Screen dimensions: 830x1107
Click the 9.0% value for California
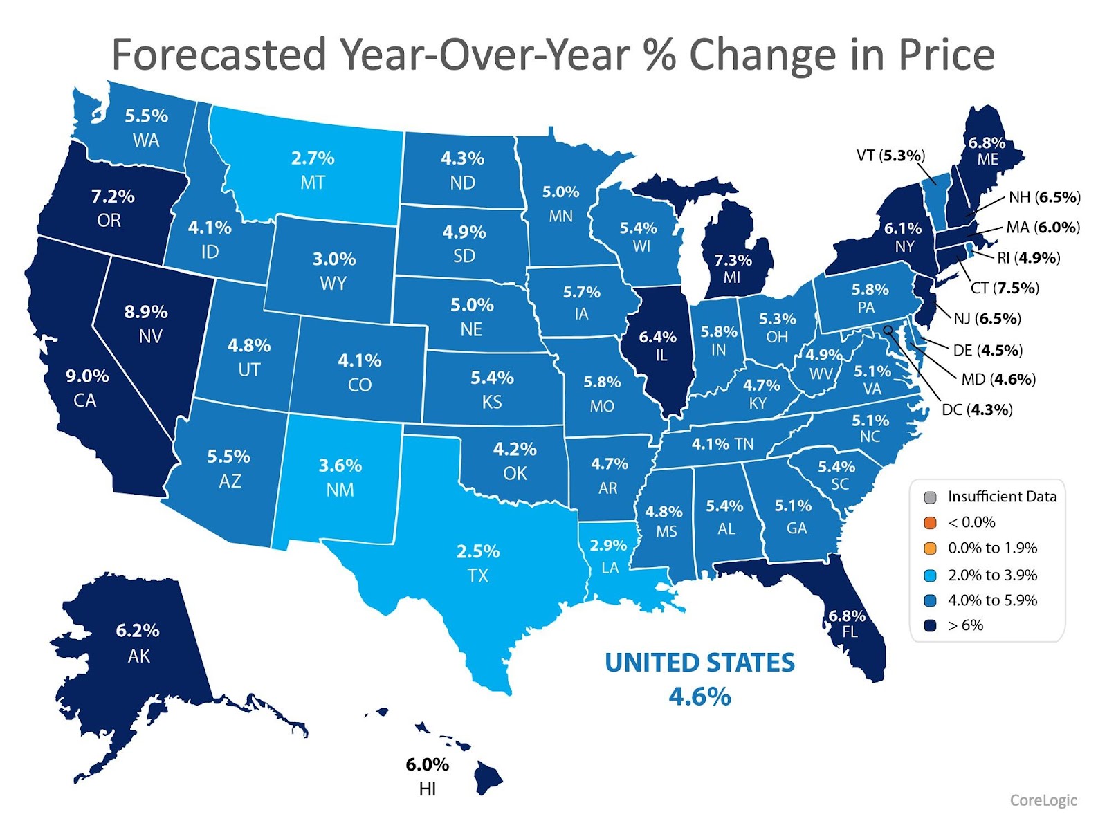click(x=87, y=376)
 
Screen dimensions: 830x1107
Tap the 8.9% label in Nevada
click(x=146, y=312)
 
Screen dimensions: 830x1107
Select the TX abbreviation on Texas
click(x=478, y=575)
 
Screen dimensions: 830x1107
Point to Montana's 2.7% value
click(x=313, y=158)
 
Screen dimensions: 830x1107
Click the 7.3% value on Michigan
click(x=733, y=260)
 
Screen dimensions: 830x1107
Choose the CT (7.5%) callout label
click(x=1005, y=288)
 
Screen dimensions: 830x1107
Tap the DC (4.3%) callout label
click(x=977, y=409)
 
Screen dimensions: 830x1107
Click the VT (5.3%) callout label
click(x=890, y=156)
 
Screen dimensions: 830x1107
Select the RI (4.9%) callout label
click(x=1028, y=258)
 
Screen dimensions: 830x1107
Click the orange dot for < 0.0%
click(x=930, y=522)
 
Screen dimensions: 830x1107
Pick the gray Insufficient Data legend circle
click(x=930, y=497)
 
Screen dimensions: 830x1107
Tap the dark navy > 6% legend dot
click(x=930, y=625)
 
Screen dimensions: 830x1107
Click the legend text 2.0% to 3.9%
click(x=992, y=575)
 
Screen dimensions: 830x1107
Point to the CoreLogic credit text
click(x=1043, y=800)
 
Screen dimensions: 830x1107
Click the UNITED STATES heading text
click(x=699, y=663)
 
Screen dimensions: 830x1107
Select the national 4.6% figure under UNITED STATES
click(x=699, y=696)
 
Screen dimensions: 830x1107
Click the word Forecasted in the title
click(x=219, y=55)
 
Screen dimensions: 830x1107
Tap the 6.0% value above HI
click(x=427, y=764)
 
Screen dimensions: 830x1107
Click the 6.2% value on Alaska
click(x=138, y=631)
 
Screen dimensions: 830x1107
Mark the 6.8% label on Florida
click(x=847, y=616)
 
